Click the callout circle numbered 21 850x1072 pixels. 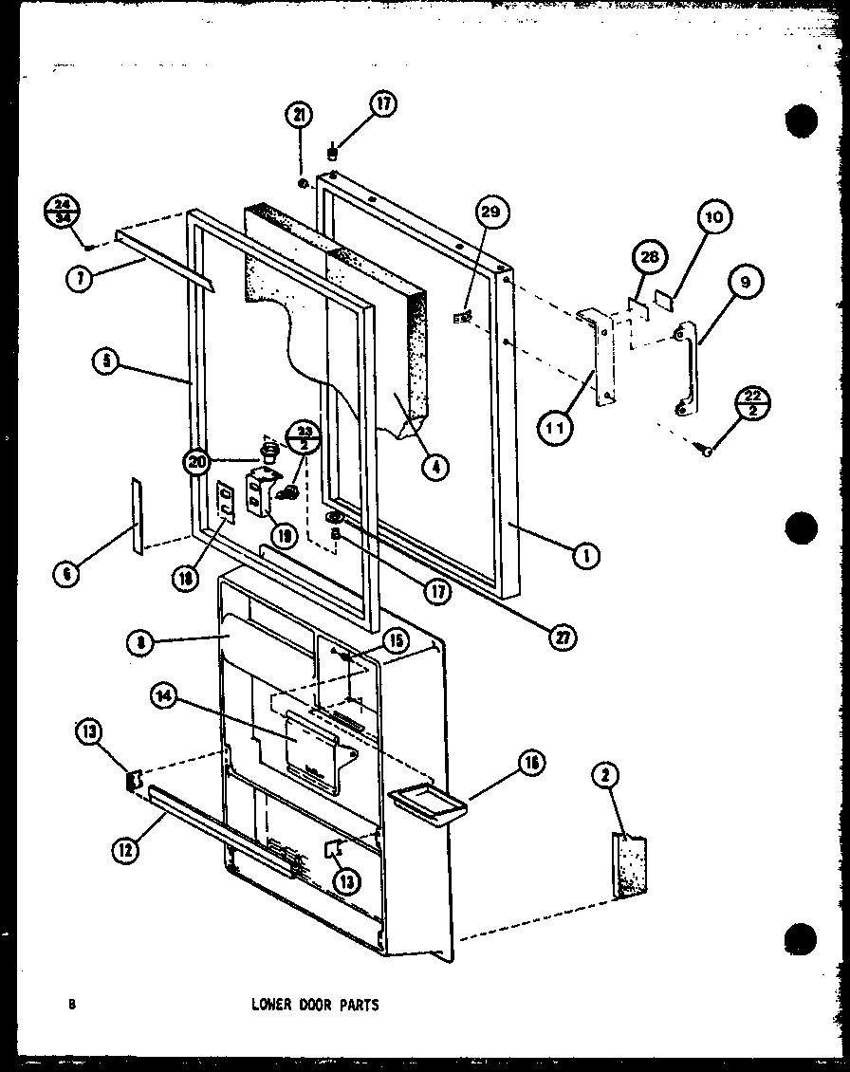click(x=299, y=117)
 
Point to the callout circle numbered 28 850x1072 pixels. click(x=650, y=258)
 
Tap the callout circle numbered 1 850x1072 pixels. click(x=585, y=558)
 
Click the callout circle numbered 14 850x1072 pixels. click(x=163, y=695)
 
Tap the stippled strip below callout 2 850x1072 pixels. click(x=629, y=865)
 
